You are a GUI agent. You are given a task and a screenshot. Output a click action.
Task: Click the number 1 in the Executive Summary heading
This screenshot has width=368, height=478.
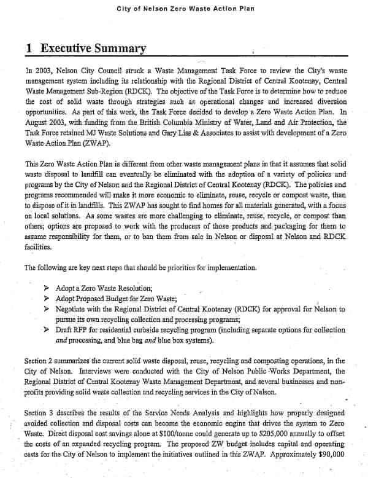(30, 49)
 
